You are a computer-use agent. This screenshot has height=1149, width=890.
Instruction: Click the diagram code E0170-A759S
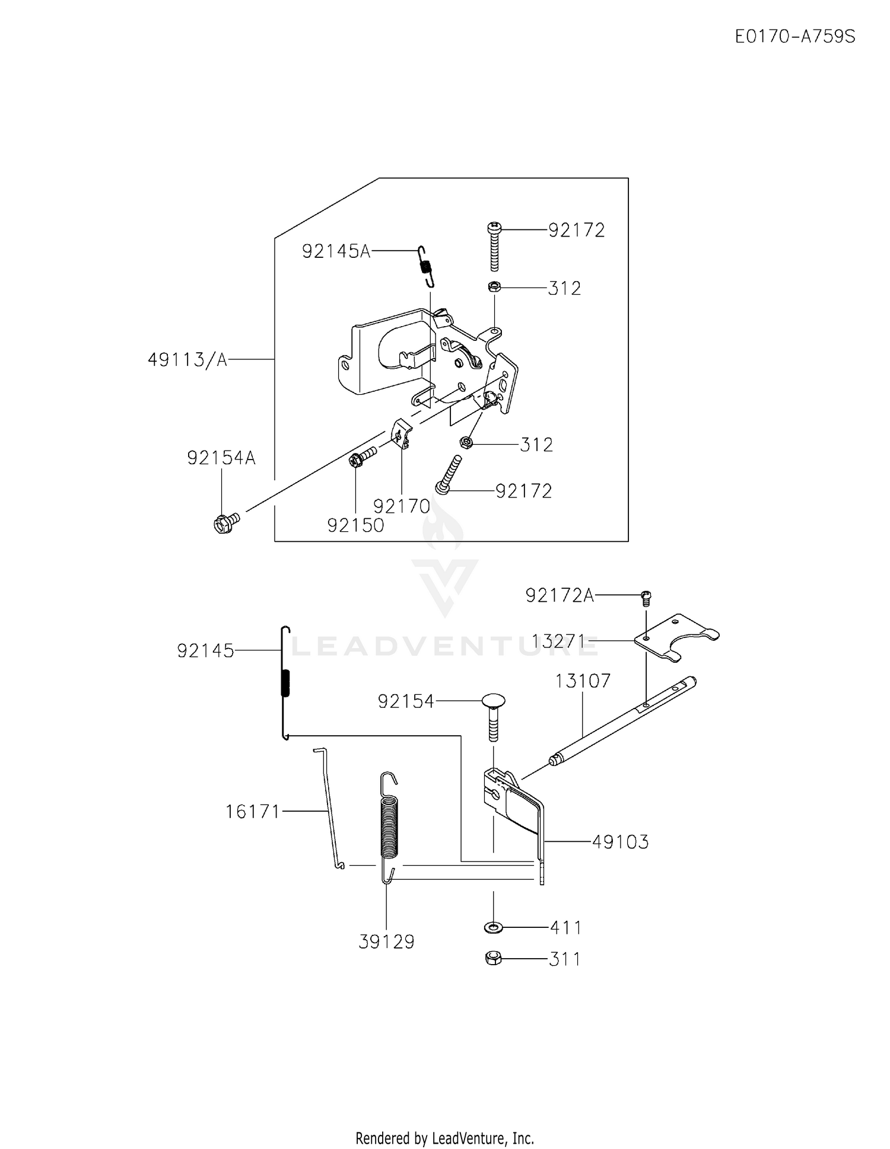coord(795,37)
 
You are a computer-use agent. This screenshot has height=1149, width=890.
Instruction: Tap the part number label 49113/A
coord(187,359)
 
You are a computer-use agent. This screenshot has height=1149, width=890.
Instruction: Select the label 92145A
coord(336,251)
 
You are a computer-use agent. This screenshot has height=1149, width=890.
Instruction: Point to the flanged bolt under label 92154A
coord(226,522)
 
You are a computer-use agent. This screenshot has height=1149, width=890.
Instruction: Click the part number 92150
coord(355,525)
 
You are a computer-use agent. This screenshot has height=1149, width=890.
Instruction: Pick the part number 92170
coord(402,506)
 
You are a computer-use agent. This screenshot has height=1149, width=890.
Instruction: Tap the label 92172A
coord(560,595)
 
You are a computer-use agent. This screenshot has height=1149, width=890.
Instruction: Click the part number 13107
coord(583,681)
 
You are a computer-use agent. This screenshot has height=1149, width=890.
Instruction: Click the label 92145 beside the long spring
coord(206,651)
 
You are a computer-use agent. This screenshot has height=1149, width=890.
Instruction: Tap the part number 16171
coord(253,811)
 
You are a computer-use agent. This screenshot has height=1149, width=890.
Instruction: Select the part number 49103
coord(621,841)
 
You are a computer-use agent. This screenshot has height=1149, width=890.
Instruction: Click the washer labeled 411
coord(492,926)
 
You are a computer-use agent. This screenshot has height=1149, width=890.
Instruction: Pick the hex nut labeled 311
coord(493,957)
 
